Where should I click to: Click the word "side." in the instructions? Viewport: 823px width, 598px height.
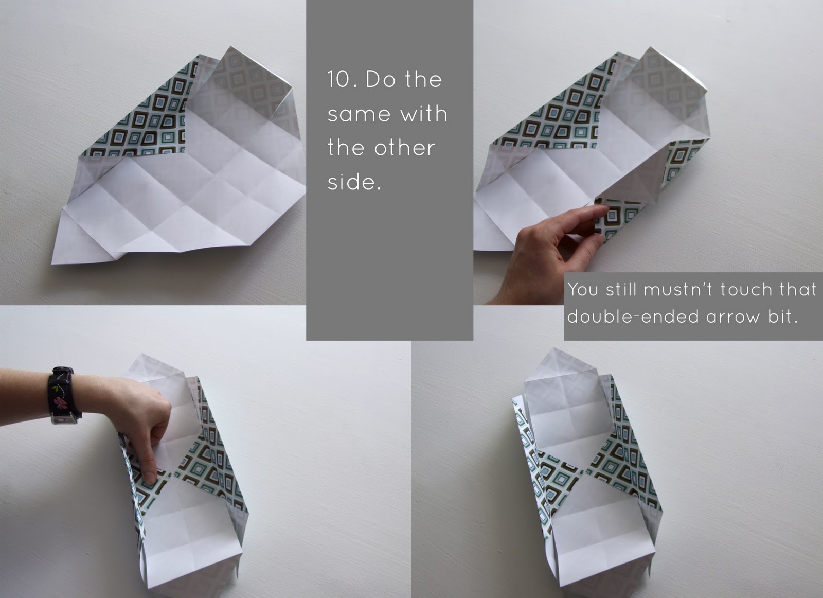point(354,182)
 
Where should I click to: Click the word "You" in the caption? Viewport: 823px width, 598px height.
point(583,290)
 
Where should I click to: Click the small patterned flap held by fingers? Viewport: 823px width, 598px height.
point(617,216)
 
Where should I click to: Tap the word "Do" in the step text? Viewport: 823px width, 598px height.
point(379,80)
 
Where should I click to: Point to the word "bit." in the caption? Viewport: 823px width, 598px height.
point(783,317)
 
